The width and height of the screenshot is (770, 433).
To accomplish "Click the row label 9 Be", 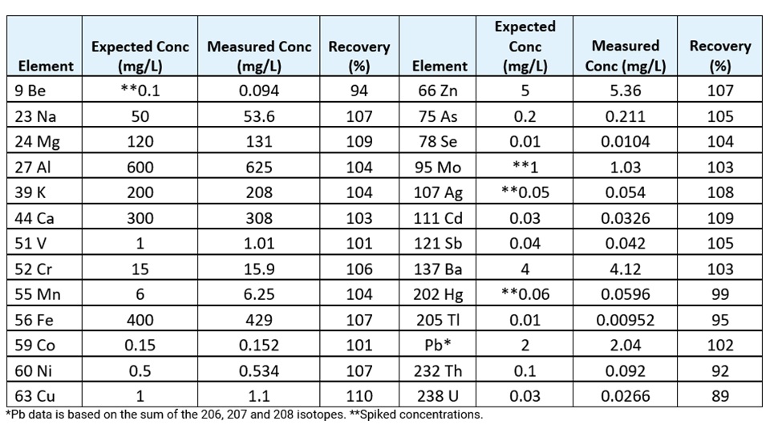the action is pos(30,91).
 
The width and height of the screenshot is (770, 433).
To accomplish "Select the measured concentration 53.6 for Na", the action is pos(259,116).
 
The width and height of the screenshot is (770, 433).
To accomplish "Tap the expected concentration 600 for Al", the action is pos(140,168).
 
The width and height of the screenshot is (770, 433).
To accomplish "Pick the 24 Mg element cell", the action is pos(37,142).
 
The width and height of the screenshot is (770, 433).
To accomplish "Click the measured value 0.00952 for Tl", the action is pos(625,320).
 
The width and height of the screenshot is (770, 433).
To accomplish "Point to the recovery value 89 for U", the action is pos(720,395).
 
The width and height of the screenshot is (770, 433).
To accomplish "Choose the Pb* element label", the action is pos(438,345).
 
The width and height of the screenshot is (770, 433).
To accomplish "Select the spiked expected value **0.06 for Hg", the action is pos(525,294).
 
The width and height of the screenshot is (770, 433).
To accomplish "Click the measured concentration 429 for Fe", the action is pos(259,320).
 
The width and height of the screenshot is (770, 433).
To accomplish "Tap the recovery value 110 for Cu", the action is pos(359,395).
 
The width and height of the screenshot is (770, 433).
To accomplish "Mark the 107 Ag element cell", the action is pos(438,193).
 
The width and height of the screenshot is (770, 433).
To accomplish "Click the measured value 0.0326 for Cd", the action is pos(625,218).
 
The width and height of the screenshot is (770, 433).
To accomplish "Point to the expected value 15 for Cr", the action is pos(140,269).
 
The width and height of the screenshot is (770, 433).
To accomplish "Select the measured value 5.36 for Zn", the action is pos(625,91).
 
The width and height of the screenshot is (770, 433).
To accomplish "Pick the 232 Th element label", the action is pos(438,370).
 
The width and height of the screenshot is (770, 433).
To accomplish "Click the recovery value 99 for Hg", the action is pos(720,294).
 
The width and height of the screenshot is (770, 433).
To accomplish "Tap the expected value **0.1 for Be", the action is pos(140,91).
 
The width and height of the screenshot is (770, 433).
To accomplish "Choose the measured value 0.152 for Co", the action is pos(259,345).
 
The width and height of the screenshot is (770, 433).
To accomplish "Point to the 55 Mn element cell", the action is pos(38,294).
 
